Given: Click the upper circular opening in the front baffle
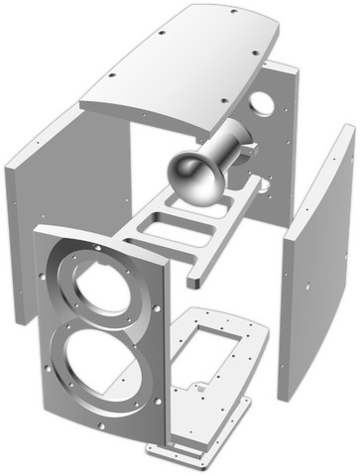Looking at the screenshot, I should click(103, 287).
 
